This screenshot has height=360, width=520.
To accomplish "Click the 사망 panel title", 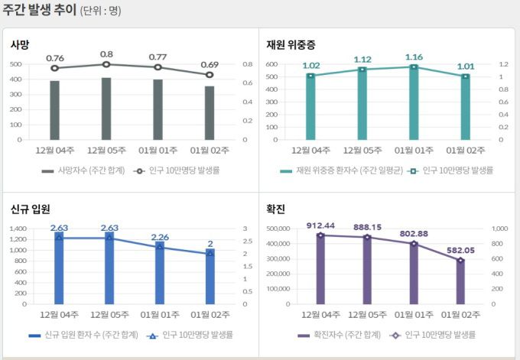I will tap(20, 45).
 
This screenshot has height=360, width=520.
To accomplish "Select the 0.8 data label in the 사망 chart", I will tap(106, 54).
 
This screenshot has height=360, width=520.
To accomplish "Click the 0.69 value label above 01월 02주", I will tap(210, 65).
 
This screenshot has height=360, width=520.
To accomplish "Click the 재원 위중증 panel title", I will tap(291, 45).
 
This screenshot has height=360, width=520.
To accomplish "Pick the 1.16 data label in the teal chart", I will tap(414, 57).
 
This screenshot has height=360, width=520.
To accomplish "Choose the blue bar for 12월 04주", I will tap(59, 268).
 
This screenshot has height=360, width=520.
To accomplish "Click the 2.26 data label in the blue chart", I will tap(160, 237).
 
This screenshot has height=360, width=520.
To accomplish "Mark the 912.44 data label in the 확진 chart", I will tap(320, 225).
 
